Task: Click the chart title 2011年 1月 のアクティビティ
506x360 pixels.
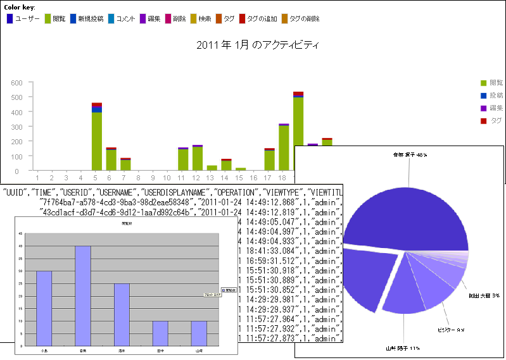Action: pyautogui.click(x=257, y=45)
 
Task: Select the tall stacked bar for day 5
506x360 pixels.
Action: pyautogui.click(x=97, y=139)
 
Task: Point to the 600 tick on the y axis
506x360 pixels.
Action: pyautogui.click(x=16, y=82)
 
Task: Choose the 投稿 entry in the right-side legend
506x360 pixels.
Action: pyautogui.click(x=492, y=95)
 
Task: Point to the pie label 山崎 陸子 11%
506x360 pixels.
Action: pyautogui.click(x=402, y=348)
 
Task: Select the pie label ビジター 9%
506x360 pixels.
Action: pyautogui.click(x=451, y=330)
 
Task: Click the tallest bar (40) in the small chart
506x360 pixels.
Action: pyautogui.click(x=83, y=294)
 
